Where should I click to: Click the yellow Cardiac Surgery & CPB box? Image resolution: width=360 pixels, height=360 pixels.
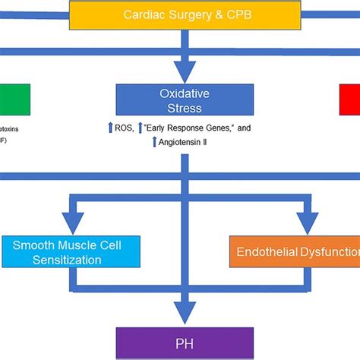(180, 14)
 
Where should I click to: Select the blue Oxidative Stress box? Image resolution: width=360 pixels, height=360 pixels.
(180, 100)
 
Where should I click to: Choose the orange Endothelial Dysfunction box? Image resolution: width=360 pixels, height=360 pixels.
(295, 252)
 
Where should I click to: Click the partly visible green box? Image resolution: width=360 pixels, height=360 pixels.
(15, 99)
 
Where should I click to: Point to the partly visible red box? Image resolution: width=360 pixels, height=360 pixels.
(349, 99)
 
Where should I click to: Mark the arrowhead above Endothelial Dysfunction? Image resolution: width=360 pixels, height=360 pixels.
(308, 226)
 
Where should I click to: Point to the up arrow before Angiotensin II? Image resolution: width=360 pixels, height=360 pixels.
(155, 141)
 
